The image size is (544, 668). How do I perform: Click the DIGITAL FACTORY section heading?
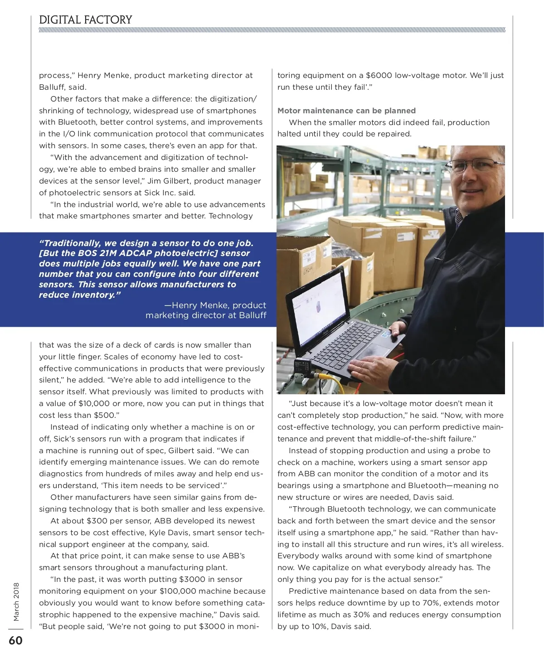tap(85, 20)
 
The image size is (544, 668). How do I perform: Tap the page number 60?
tap(15, 640)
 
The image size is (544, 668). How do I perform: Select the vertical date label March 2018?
tap(16, 601)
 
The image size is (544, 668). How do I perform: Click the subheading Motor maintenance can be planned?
tap(346, 111)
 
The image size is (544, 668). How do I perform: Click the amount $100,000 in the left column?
tap(180, 591)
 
